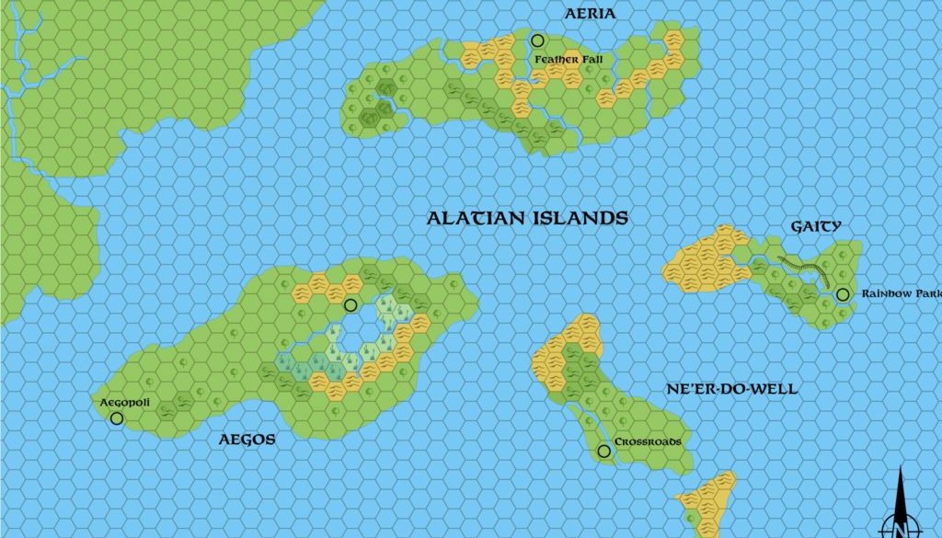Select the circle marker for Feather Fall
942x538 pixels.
pyautogui.click(x=537, y=40)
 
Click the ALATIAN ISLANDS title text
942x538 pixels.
pyautogui.click(x=527, y=218)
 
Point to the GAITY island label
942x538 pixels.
pyautogui.click(x=816, y=226)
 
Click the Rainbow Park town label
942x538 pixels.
pyautogui.click(x=901, y=294)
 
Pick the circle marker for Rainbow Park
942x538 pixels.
pyautogui.click(x=843, y=294)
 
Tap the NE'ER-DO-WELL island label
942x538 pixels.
pyautogui.click(x=731, y=389)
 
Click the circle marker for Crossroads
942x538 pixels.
pyautogui.click(x=603, y=451)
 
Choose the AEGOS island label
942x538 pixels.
pyautogui.click(x=247, y=440)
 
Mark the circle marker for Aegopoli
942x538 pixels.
pyautogui.click(x=117, y=418)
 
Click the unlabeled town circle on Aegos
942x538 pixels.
pyautogui.click(x=350, y=305)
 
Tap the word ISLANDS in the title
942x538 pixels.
pyautogui.click(x=579, y=218)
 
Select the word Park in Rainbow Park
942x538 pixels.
pyautogui.click(x=924, y=294)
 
